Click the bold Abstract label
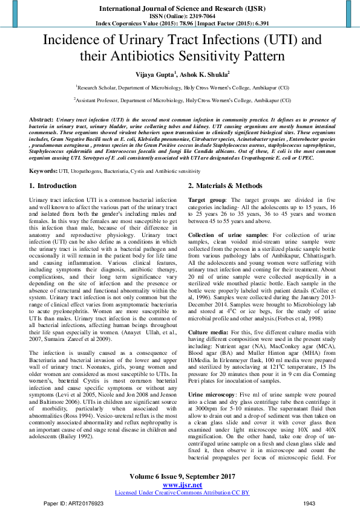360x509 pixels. click(41, 120)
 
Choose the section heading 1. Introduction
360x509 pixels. click(53, 186)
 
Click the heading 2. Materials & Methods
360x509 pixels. click(225, 186)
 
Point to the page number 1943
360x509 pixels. click(310, 503)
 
